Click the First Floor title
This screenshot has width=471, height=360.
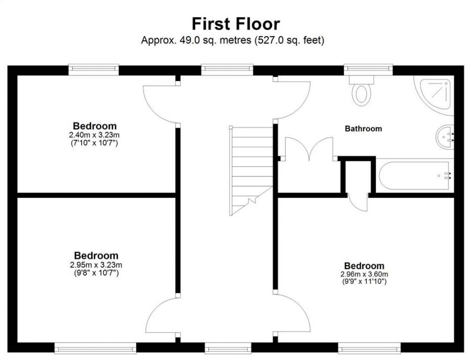[235, 24]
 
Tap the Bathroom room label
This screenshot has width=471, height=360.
[363, 128]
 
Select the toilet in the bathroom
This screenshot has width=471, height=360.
[361, 92]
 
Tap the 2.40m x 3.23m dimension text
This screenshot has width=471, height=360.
[95, 135]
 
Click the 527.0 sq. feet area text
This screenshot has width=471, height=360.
[288, 40]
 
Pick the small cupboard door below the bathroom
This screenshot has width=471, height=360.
[358, 201]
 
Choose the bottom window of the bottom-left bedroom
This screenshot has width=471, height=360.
[95, 348]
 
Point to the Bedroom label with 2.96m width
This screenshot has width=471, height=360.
[364, 266]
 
